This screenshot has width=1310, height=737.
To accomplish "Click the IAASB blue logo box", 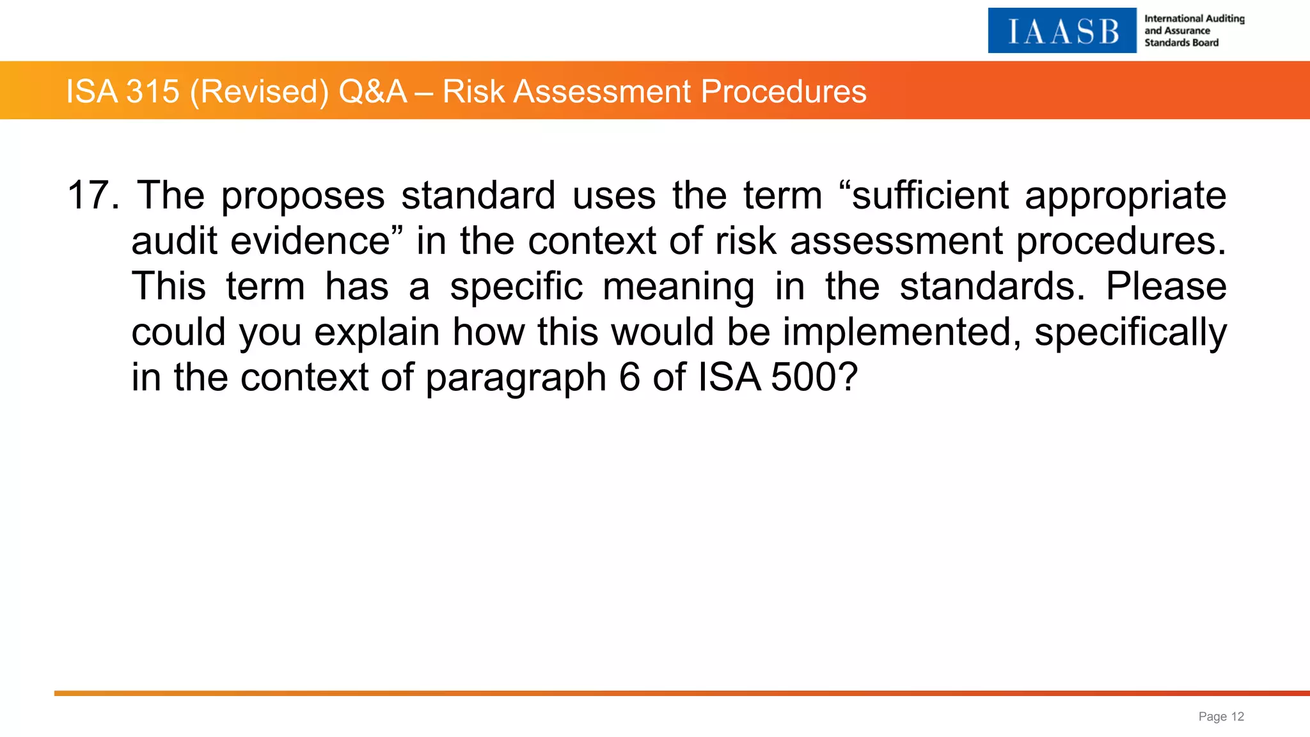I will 1062,31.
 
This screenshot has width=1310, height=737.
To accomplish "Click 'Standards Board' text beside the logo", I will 1181,43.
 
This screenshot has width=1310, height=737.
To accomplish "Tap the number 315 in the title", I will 153,91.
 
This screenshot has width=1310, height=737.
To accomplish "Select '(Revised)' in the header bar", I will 259,91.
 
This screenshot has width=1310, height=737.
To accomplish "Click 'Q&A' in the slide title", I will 372,91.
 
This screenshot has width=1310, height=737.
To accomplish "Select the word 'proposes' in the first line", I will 303,196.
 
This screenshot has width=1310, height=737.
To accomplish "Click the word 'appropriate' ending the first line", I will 1125,196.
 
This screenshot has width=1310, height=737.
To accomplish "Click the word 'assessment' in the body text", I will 896,241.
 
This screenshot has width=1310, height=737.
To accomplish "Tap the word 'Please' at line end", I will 1165,286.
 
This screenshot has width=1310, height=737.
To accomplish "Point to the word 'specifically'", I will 1130,333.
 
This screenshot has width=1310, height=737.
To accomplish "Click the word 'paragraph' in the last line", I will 515,378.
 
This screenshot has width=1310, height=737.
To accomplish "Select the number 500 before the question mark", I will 803,377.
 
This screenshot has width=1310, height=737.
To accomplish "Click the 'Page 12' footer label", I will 1220,717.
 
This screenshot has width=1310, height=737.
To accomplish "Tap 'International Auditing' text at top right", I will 1194,19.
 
